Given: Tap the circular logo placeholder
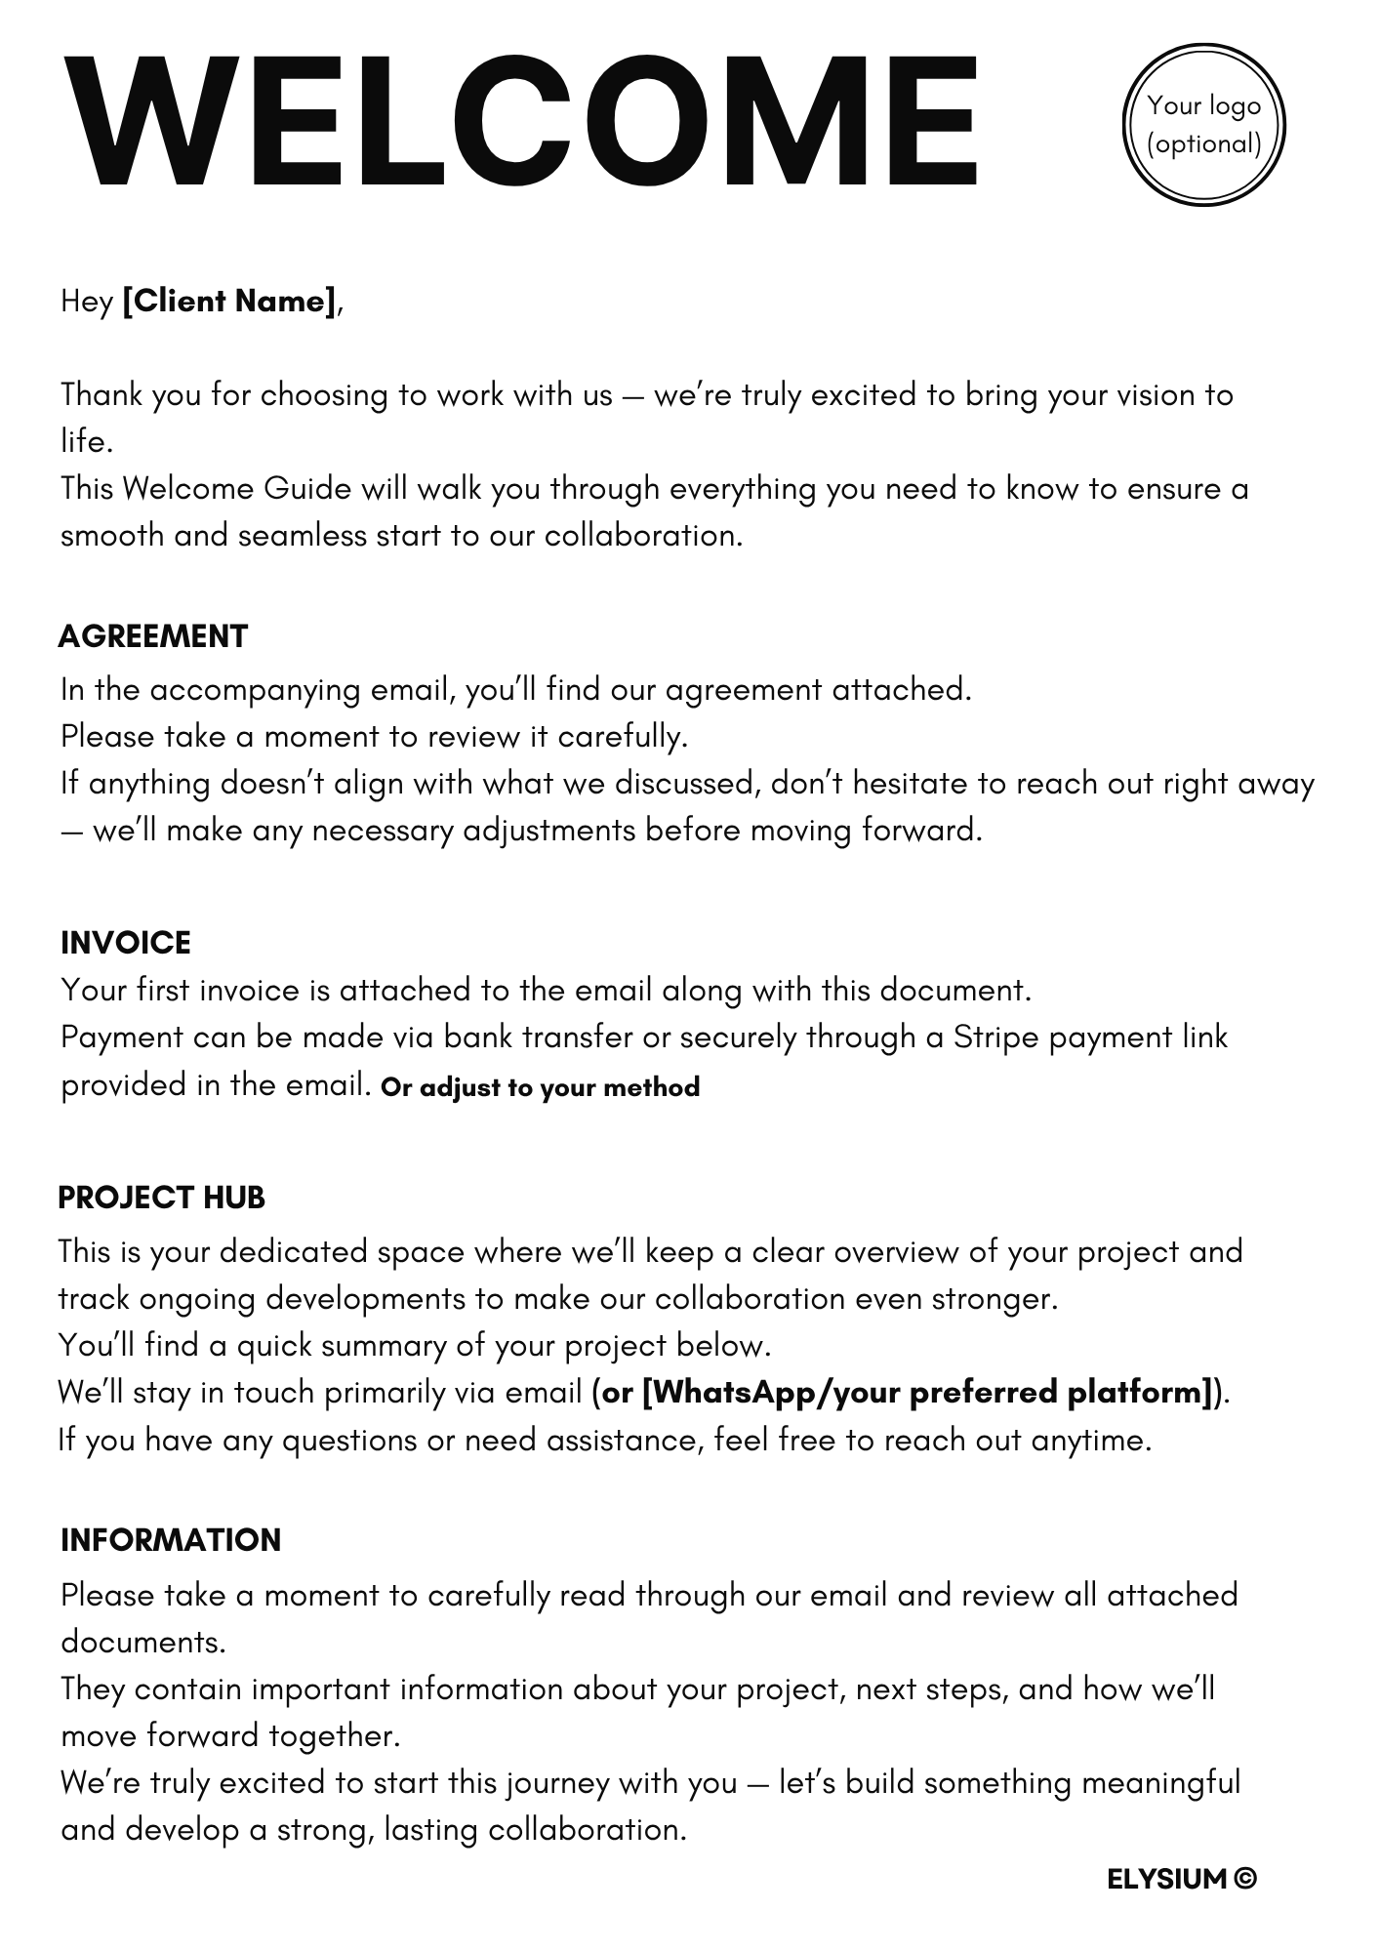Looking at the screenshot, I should [x=1203, y=125].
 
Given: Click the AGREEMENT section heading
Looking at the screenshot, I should [x=153, y=636].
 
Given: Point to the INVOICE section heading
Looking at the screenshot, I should [x=126, y=943].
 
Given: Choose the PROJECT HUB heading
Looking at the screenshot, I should [x=162, y=1198].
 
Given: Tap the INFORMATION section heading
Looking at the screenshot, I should [x=171, y=1540].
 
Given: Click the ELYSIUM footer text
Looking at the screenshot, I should [x=1166, y=1879].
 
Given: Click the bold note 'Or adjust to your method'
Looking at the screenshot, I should [x=541, y=1087].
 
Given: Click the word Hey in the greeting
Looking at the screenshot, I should [x=87, y=301].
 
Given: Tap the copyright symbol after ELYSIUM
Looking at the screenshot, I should [x=1245, y=1879].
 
